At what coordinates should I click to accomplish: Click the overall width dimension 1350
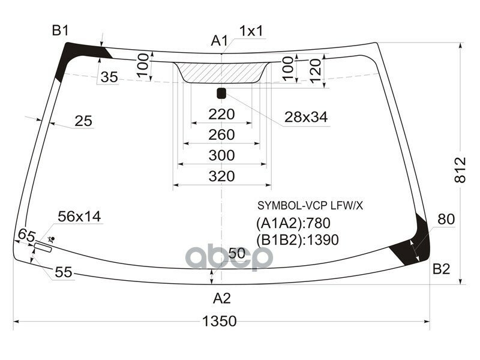click(220, 321)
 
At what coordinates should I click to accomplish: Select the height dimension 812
click(460, 170)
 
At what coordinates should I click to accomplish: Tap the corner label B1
click(61, 31)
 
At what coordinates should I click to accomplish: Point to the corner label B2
click(441, 269)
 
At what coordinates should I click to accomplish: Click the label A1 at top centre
click(220, 41)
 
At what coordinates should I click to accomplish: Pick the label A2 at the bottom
click(222, 298)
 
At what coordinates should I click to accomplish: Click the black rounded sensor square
click(221, 94)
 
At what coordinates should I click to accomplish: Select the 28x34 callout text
click(306, 117)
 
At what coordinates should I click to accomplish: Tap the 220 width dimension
click(221, 115)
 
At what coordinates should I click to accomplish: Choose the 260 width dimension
click(221, 134)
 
